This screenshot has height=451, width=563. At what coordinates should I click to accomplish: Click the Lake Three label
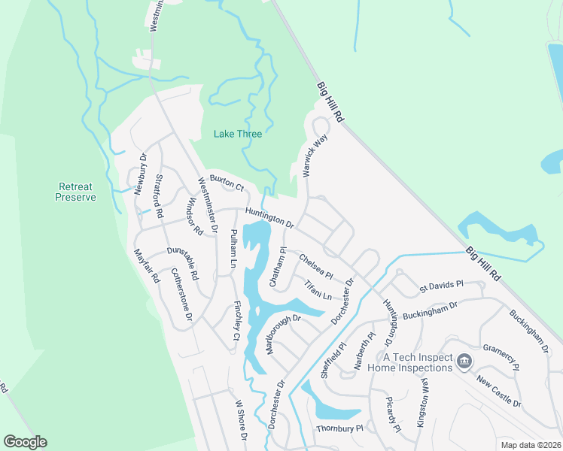(238, 134)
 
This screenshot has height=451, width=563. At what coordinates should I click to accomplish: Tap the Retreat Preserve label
(76, 192)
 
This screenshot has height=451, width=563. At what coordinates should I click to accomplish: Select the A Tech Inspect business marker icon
(464, 362)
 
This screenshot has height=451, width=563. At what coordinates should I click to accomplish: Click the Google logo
(25, 442)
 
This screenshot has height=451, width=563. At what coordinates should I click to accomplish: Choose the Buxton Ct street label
(227, 183)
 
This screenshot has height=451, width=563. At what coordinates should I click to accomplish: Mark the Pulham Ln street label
(233, 249)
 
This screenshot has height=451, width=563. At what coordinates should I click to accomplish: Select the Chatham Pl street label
(278, 267)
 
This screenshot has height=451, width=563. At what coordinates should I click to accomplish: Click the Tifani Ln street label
(318, 290)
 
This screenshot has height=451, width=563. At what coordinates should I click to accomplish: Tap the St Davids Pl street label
(441, 286)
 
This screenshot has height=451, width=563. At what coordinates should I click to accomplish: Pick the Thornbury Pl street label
(339, 428)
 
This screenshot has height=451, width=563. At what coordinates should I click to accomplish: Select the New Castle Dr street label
(499, 392)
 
